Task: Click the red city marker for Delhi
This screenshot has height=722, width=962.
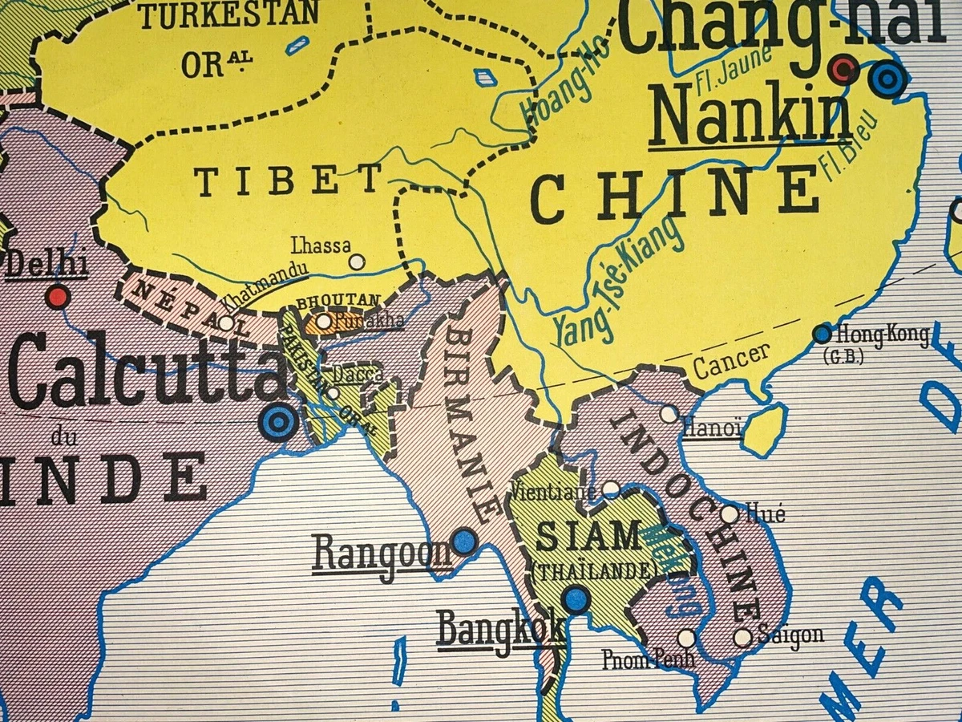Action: click(x=57, y=297)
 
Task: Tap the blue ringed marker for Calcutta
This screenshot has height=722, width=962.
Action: click(x=278, y=421)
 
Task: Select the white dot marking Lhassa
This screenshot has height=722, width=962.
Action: click(x=357, y=262)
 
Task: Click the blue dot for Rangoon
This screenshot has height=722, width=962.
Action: click(x=463, y=541)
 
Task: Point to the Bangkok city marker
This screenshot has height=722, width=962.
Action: click(x=576, y=598)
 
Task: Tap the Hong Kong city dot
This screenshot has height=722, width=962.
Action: click(x=822, y=333)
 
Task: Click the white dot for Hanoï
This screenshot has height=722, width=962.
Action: click(x=669, y=414)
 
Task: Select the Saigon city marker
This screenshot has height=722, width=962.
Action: click(x=743, y=638)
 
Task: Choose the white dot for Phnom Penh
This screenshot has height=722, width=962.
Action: click(x=685, y=638)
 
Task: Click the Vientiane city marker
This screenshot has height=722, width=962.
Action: click(x=611, y=488)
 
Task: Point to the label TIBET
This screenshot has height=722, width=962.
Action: click(x=289, y=182)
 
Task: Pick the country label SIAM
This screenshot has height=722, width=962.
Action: click(x=588, y=536)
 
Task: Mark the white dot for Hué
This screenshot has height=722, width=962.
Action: click(x=730, y=513)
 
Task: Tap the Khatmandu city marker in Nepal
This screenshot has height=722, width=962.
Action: click(x=227, y=323)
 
